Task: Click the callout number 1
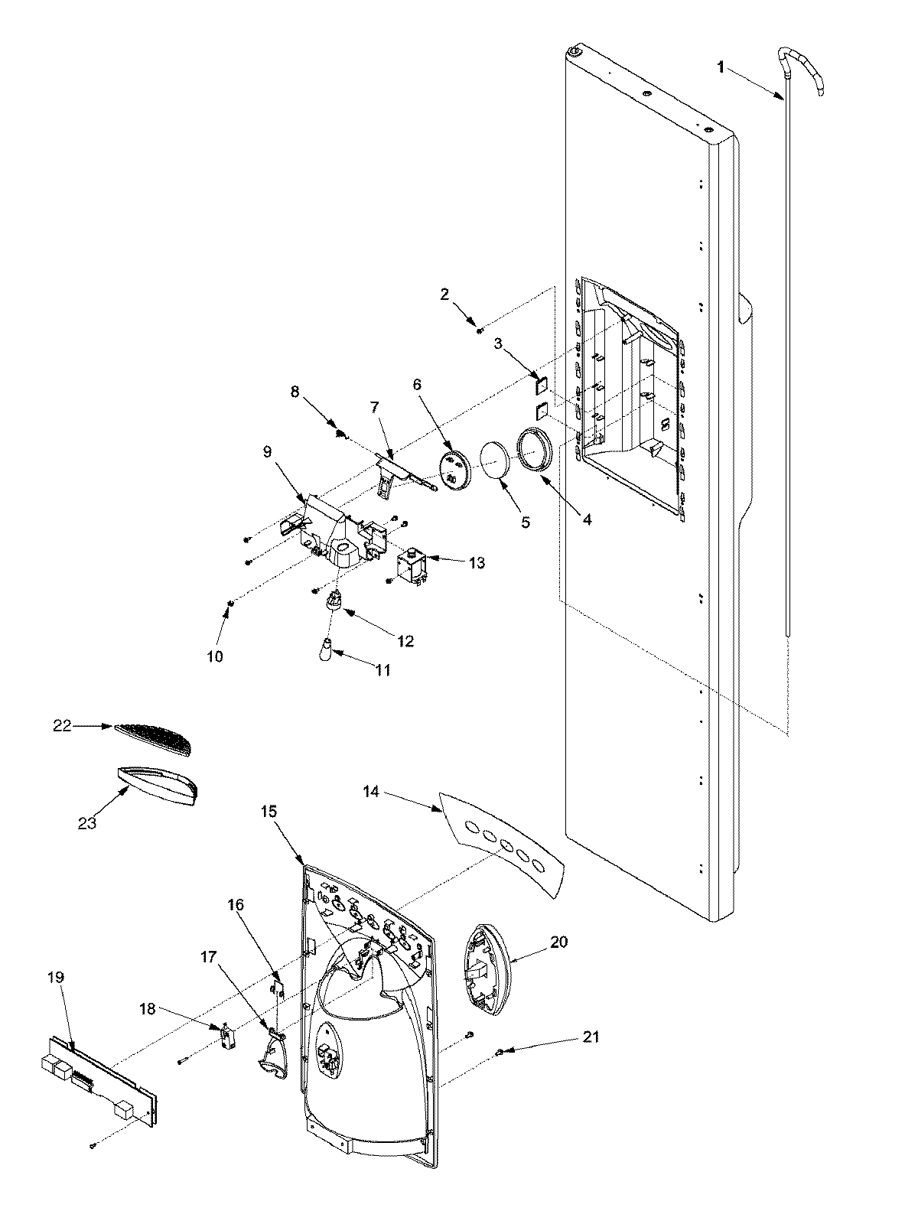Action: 719,67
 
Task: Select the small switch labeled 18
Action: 227,1038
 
